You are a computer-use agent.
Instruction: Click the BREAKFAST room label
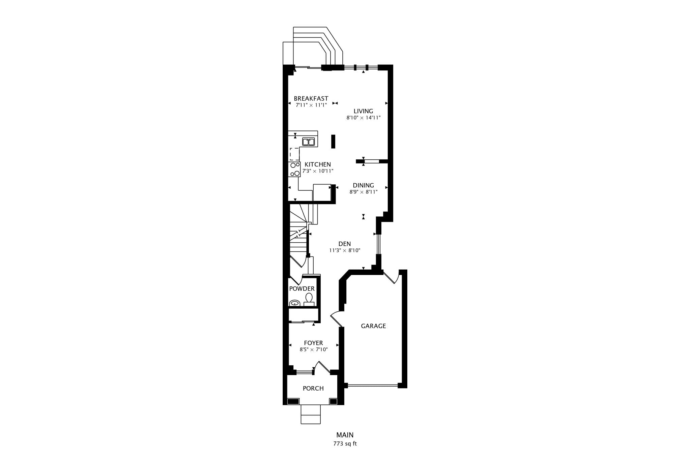[311, 98]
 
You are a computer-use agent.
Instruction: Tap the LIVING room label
[363, 111]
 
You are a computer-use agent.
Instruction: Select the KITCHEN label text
[318, 164]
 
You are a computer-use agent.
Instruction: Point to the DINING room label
[363, 185]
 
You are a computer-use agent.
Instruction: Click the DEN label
[345, 244]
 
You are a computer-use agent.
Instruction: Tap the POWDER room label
[302, 289]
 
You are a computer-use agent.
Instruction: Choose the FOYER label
[313, 343]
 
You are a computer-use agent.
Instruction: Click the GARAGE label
[373, 326]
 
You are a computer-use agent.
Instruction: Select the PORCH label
[313, 388]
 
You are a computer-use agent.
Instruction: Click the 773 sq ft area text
[345, 444]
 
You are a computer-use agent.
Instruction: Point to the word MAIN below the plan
[345, 435]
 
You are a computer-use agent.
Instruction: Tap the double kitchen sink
[308, 142]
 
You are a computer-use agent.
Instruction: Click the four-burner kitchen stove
[294, 169]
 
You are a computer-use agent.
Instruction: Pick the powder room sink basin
[295, 303]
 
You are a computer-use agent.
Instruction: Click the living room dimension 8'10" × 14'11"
[364, 118]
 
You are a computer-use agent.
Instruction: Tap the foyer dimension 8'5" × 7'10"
[314, 350]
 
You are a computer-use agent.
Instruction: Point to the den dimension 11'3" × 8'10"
[345, 250]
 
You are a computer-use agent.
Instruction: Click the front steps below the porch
[311, 414]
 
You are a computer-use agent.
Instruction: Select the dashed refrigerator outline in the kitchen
[294, 154]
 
